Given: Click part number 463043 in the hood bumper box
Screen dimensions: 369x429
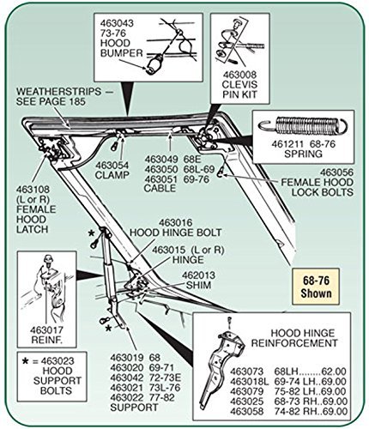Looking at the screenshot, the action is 117,23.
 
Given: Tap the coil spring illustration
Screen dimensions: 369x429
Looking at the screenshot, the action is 303,125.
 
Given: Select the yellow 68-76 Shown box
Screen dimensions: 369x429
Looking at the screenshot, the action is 316,287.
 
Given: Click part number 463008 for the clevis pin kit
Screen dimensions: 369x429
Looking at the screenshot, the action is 239,75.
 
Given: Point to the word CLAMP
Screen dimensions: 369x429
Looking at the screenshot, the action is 112,175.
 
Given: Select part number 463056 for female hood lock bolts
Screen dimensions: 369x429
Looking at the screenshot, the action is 336,172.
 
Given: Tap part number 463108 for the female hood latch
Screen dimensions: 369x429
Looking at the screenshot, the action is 33,190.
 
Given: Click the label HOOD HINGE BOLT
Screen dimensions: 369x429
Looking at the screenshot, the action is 176,233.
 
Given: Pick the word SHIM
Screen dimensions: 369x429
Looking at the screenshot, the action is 198,285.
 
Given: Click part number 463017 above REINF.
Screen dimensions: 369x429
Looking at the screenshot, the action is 46,330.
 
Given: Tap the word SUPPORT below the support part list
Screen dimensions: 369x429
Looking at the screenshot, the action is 134,408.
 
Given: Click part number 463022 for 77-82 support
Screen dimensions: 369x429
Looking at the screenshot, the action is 127,397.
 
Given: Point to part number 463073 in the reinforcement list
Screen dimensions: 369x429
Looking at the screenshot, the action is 246,372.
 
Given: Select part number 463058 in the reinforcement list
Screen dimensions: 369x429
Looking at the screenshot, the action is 246,411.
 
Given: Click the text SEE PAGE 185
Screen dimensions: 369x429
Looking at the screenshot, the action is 51,101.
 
